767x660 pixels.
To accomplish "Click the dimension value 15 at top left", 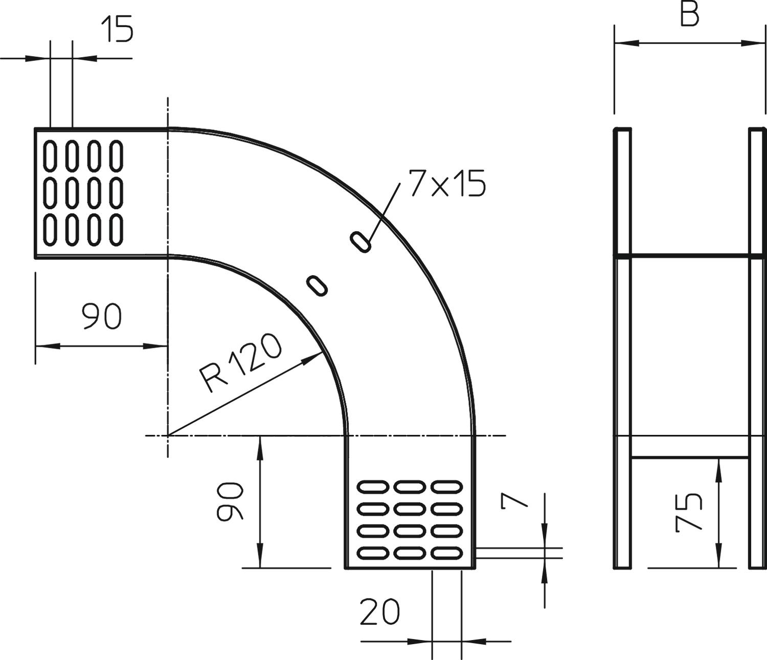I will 118,29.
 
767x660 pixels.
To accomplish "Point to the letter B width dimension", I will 689,15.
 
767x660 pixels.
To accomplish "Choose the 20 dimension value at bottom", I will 379,612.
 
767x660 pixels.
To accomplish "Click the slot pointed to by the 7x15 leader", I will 360,241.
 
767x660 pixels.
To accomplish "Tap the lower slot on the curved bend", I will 317,285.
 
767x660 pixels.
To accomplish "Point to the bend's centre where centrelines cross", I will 168,435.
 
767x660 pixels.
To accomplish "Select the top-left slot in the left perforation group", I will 50,156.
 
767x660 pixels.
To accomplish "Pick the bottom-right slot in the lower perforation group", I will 446,553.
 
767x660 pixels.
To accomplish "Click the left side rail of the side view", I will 622,348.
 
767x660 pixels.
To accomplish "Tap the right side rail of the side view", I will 757,348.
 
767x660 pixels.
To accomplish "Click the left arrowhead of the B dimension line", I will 617,43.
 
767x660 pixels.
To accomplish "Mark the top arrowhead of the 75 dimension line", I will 719,461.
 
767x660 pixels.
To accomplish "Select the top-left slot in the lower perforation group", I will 373,487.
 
